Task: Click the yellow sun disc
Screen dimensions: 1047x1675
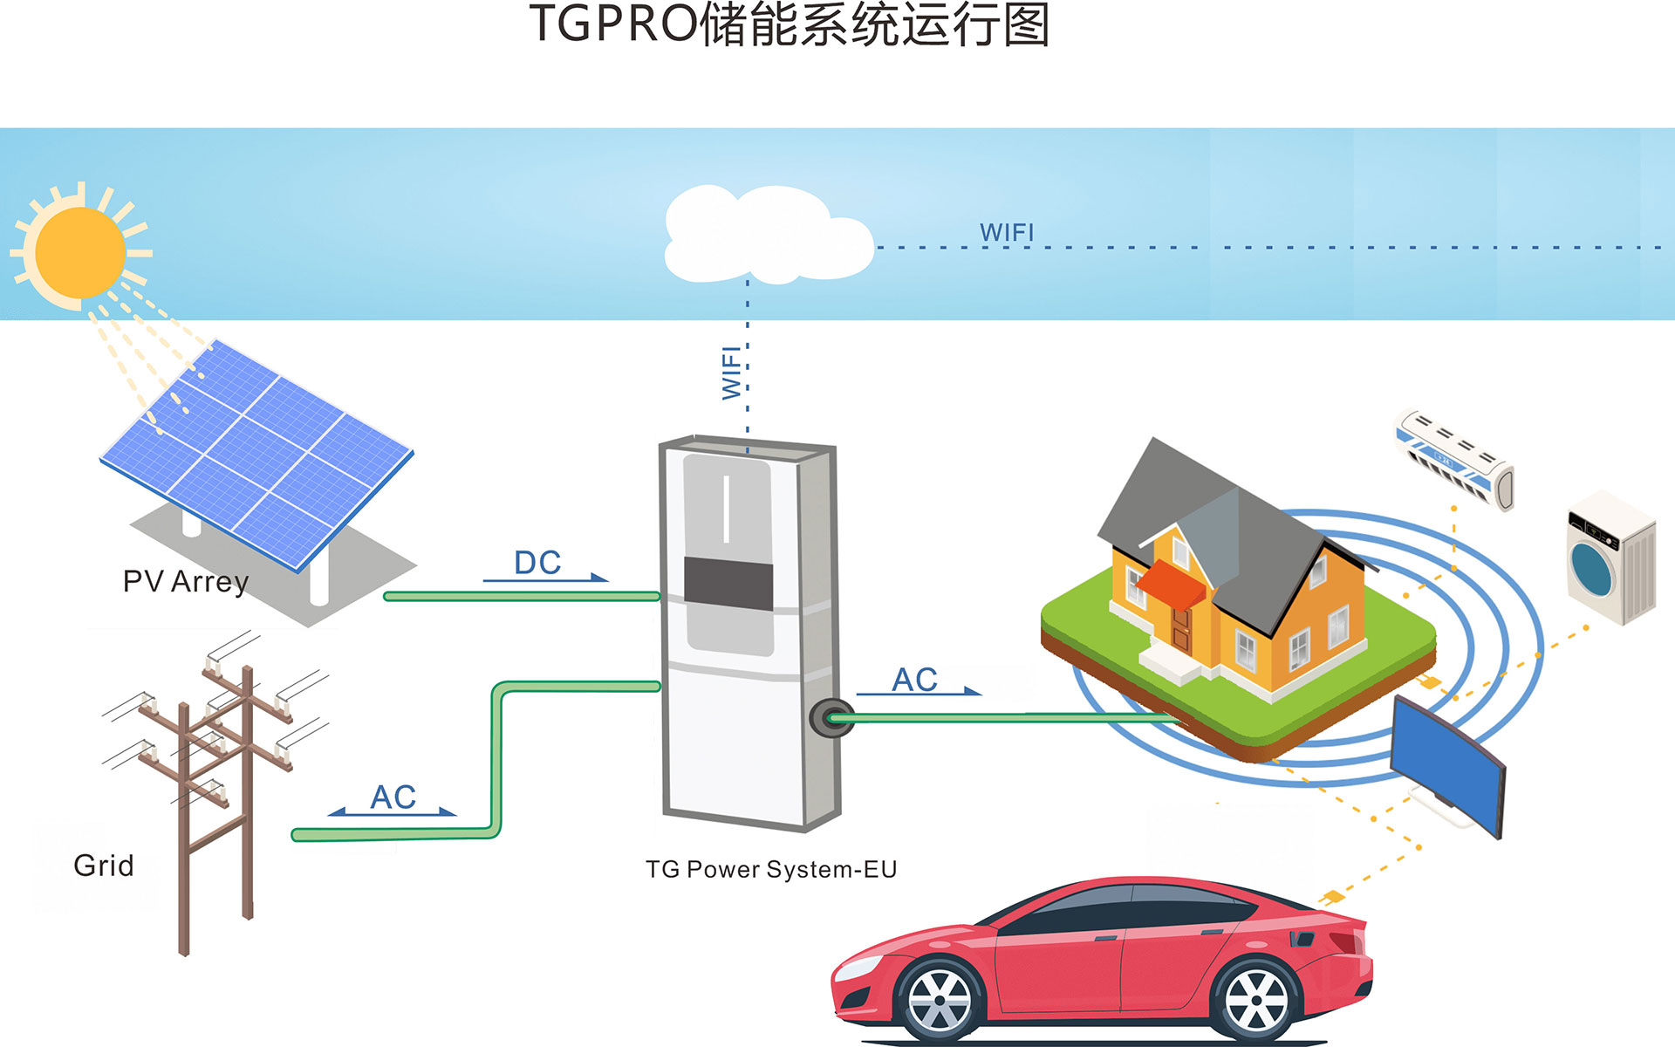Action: click(81, 252)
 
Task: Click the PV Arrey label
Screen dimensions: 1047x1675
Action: click(186, 581)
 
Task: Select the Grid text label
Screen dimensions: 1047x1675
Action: click(104, 866)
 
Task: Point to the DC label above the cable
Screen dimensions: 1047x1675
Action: click(537, 563)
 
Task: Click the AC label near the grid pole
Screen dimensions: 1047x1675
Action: click(393, 797)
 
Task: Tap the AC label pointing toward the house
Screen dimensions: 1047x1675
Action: click(914, 680)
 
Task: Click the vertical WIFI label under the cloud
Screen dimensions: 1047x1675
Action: click(732, 373)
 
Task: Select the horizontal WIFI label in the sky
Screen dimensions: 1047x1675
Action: click(1007, 233)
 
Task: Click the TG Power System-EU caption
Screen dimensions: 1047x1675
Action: click(771, 869)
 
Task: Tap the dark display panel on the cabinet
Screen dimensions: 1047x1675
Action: click(728, 584)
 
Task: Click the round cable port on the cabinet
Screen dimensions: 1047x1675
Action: click(831, 717)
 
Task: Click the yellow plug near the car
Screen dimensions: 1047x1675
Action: click(1332, 896)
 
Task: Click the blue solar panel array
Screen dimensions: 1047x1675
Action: click(257, 449)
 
